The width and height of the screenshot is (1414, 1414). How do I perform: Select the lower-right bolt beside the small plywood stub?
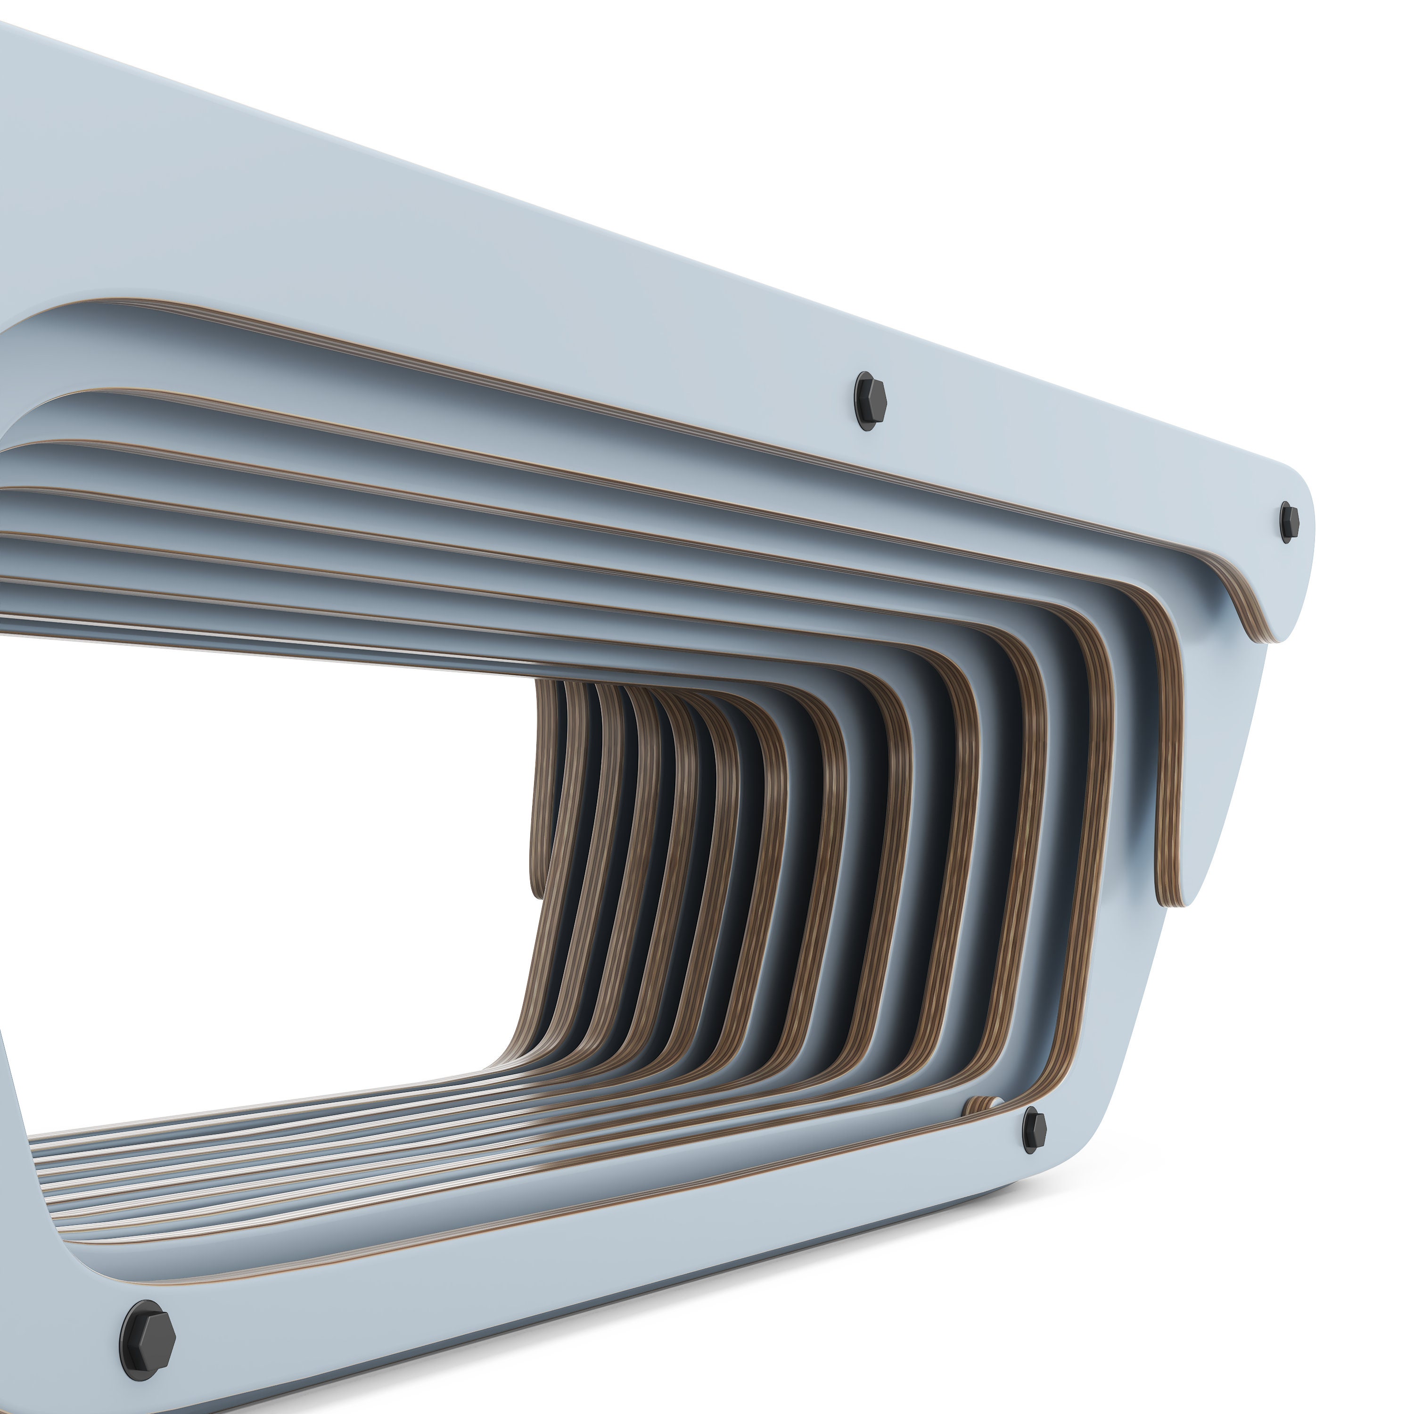(x=1034, y=1131)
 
